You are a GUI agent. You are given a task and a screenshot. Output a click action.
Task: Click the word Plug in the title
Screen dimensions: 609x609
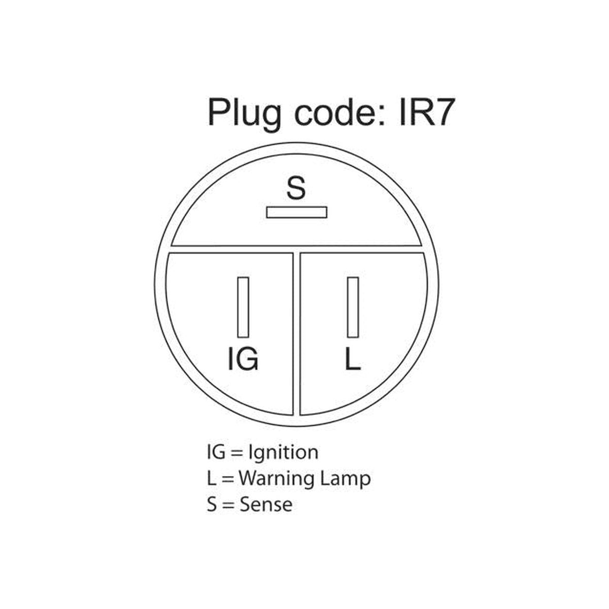pos(244,114)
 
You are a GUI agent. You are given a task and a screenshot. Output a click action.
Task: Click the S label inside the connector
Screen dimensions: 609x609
pos(296,188)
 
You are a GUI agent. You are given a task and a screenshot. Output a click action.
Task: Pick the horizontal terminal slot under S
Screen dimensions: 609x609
pos(296,212)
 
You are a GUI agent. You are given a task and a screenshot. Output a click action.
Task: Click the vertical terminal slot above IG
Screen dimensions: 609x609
pos(243,307)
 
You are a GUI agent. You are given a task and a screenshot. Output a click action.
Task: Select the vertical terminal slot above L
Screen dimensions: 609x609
pos(353,307)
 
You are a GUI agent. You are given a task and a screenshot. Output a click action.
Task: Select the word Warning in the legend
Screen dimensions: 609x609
pos(276,479)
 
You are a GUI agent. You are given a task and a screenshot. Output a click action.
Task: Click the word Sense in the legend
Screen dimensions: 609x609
pos(266,504)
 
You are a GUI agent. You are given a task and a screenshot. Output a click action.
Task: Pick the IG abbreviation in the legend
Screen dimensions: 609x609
pos(216,452)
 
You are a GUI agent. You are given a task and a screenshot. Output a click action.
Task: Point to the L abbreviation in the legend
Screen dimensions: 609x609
pos(211,478)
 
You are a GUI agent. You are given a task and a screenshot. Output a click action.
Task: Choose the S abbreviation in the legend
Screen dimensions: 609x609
pos(212,504)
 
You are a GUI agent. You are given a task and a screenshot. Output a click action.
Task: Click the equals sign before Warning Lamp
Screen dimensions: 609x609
pos(227,480)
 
